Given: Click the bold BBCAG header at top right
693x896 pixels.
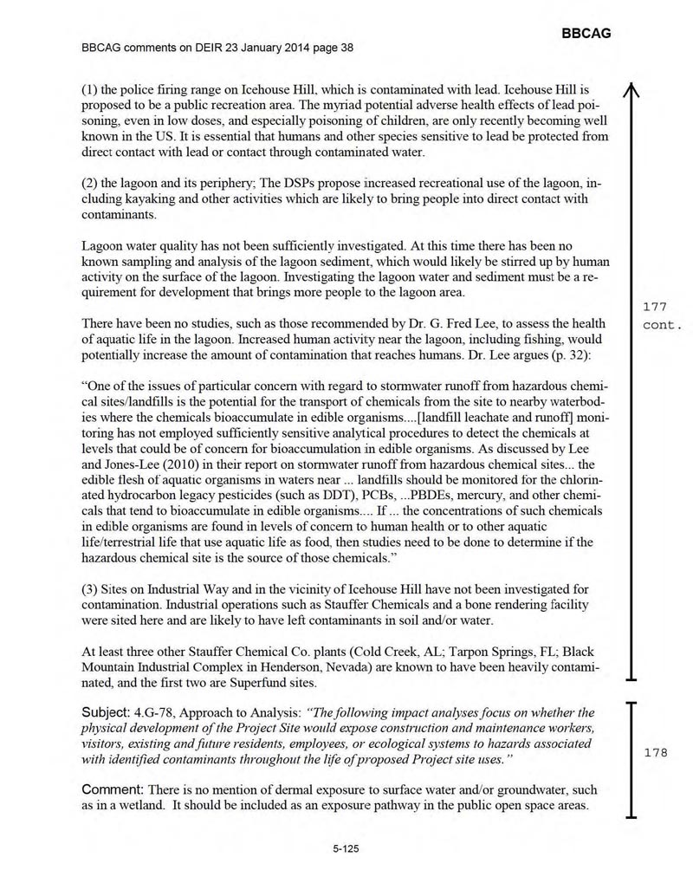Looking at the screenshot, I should (586, 33).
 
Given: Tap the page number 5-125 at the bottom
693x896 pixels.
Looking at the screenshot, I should (346, 850).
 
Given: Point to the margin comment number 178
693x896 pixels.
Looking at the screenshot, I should (656, 753).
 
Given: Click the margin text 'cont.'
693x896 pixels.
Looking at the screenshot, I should (664, 326).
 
